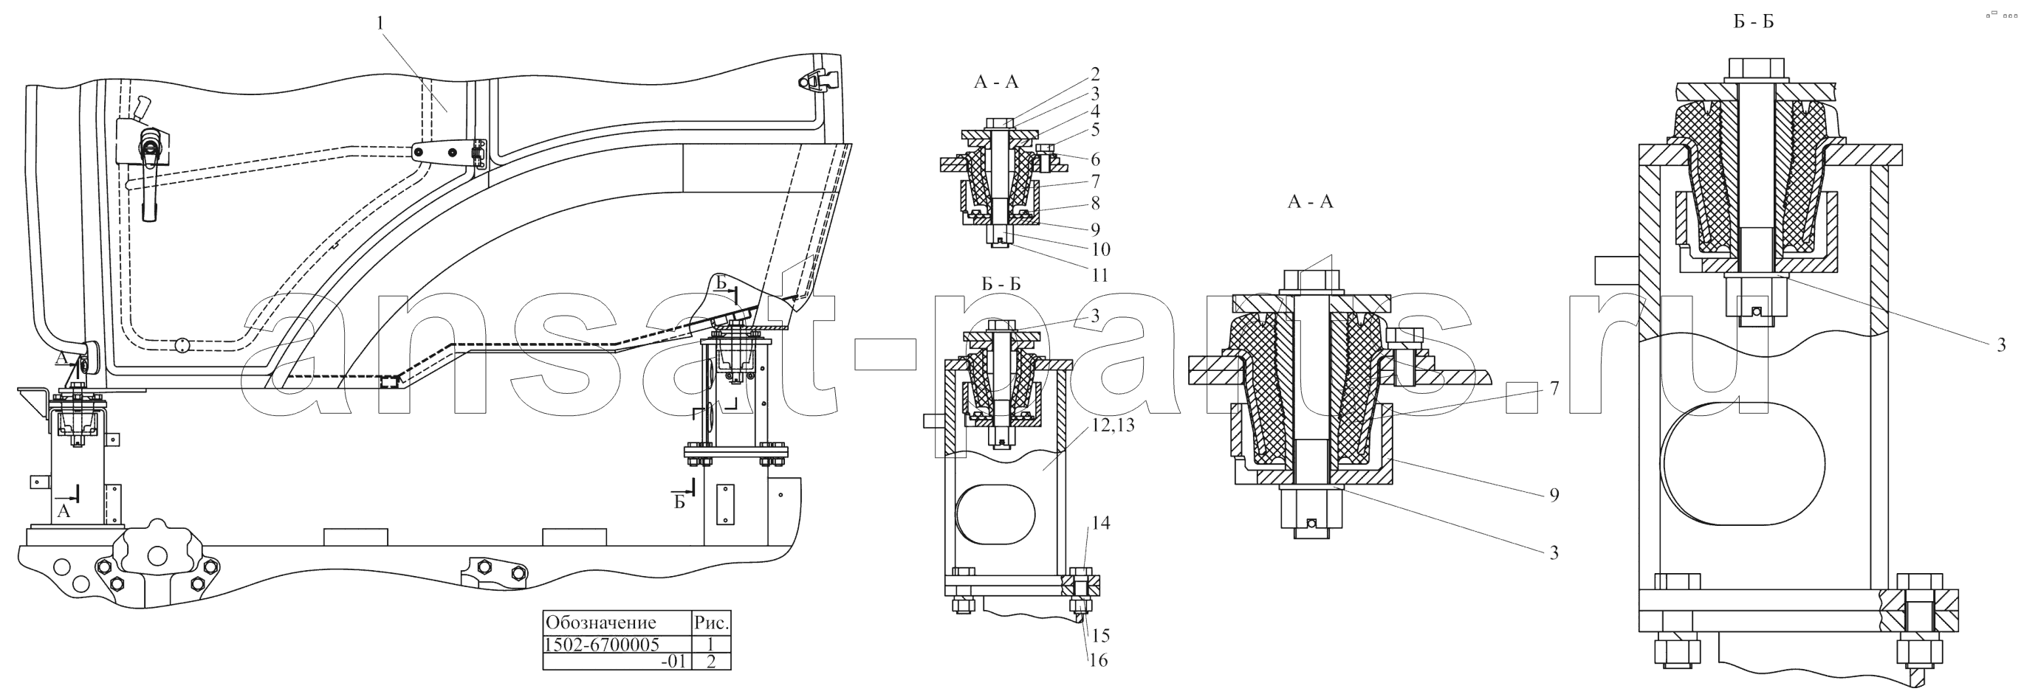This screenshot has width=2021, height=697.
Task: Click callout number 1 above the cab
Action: (x=380, y=24)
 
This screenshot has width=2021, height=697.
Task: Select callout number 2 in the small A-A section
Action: (x=1094, y=74)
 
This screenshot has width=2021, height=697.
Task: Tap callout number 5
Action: (x=1094, y=129)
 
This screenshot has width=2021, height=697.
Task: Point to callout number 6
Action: (x=1094, y=159)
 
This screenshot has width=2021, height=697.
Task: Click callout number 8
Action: (x=1094, y=203)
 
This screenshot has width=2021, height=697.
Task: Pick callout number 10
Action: (x=1100, y=249)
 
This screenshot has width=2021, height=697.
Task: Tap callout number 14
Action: (x=1100, y=523)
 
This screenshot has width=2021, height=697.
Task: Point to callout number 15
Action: (x=1100, y=635)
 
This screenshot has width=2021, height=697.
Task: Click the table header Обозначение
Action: (x=601, y=623)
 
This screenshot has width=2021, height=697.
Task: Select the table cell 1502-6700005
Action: (x=602, y=645)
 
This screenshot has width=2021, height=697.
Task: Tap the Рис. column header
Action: (x=712, y=623)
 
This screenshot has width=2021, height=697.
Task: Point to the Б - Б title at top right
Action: (x=1754, y=21)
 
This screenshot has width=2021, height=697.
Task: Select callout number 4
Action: (x=1094, y=111)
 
